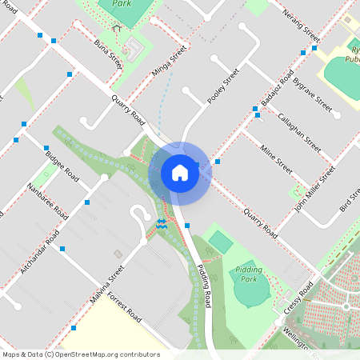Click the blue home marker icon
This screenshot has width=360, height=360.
click(179, 173)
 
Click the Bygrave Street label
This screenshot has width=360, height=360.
click(312, 94)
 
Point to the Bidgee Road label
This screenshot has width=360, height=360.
click(62, 164)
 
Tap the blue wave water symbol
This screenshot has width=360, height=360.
click(162, 225)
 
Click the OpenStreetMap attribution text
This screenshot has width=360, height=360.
click(80, 354)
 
